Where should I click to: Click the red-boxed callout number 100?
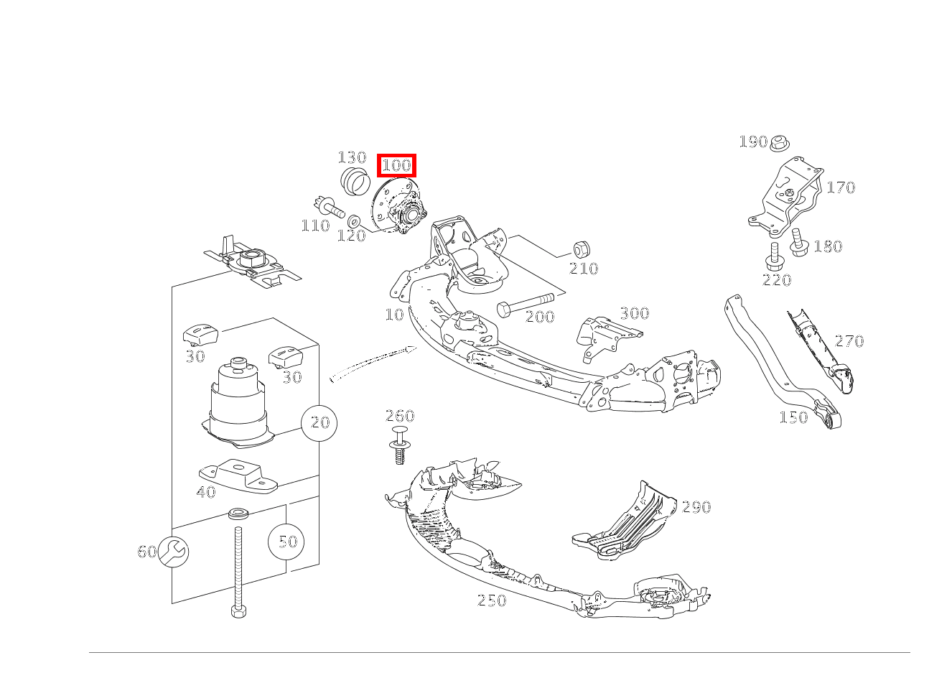[x=396, y=165]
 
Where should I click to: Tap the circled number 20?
[x=319, y=422]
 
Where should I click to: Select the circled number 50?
[x=286, y=541]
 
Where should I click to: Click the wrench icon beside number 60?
[x=173, y=551]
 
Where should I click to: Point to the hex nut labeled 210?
[x=582, y=250]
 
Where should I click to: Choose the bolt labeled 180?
[x=798, y=243]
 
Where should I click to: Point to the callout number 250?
[x=492, y=600]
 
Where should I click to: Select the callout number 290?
[x=696, y=507]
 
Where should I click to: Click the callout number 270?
[x=849, y=340]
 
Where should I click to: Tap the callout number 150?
[x=793, y=417]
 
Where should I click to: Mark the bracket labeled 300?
[x=603, y=338]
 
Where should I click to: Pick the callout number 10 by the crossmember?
[x=394, y=314]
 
